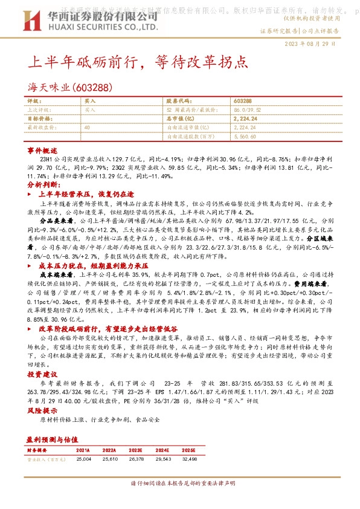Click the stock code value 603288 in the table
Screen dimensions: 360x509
coord(243,102)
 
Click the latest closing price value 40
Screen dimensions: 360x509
coord(88,128)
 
